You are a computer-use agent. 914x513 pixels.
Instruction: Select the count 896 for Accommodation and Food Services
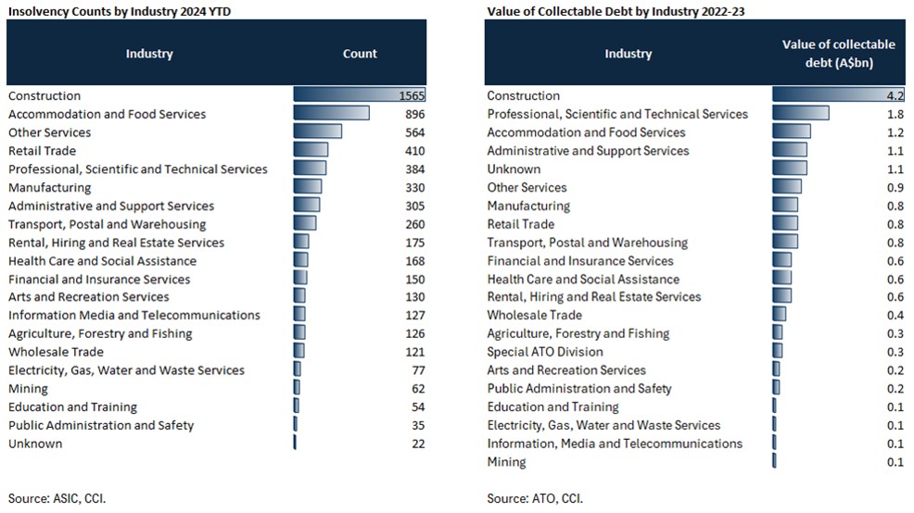click(414, 114)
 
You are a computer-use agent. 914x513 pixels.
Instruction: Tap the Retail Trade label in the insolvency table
click(43, 151)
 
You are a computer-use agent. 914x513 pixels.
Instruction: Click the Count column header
click(360, 54)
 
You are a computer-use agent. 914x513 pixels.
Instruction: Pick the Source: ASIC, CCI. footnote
click(57, 498)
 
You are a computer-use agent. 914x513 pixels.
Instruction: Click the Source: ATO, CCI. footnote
click(535, 498)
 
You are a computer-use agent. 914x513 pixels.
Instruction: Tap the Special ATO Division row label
click(545, 352)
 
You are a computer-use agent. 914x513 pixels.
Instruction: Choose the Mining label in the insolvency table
click(27, 389)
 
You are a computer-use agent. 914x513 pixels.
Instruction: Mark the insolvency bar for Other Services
click(317, 132)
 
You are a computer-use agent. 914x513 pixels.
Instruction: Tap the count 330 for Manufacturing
click(414, 187)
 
